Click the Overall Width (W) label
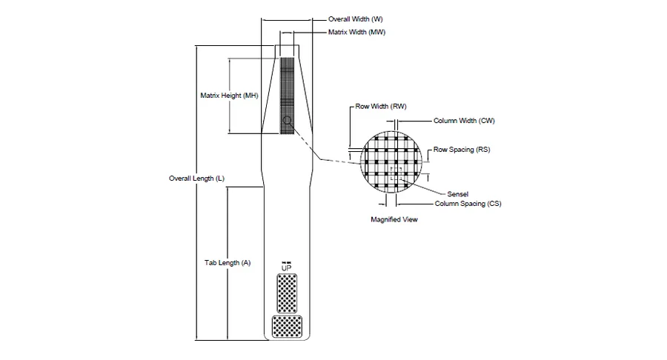point(355,19)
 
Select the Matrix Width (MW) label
point(356,33)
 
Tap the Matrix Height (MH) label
point(229,96)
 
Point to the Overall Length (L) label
point(196,179)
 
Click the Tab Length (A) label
point(228,263)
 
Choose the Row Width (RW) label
point(381,106)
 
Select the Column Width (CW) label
point(464,121)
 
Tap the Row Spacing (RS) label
point(462,150)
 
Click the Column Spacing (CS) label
point(468,204)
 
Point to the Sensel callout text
point(458,194)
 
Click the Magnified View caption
point(394,220)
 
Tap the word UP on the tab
point(286,268)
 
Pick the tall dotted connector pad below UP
point(287,293)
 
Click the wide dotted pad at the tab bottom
point(287,327)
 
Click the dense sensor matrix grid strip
point(287,96)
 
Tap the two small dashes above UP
point(286,262)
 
